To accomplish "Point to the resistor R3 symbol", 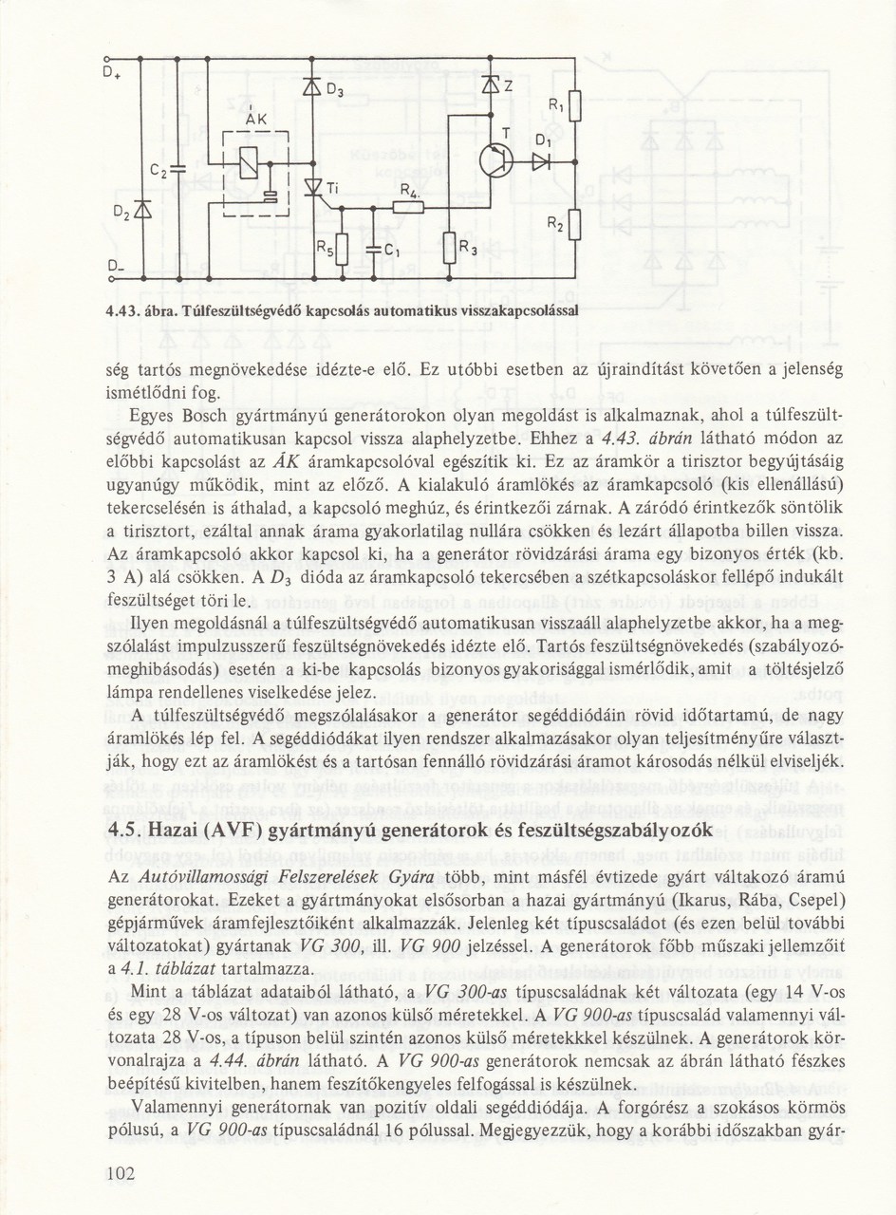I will [x=447, y=249].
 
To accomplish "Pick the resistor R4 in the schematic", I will [x=407, y=206].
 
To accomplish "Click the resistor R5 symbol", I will [x=342, y=251].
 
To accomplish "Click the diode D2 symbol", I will [x=140, y=205].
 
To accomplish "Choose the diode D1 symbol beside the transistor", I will [x=540, y=162].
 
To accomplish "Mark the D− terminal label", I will [x=113, y=265].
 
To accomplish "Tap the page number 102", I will [x=122, y=1174].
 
